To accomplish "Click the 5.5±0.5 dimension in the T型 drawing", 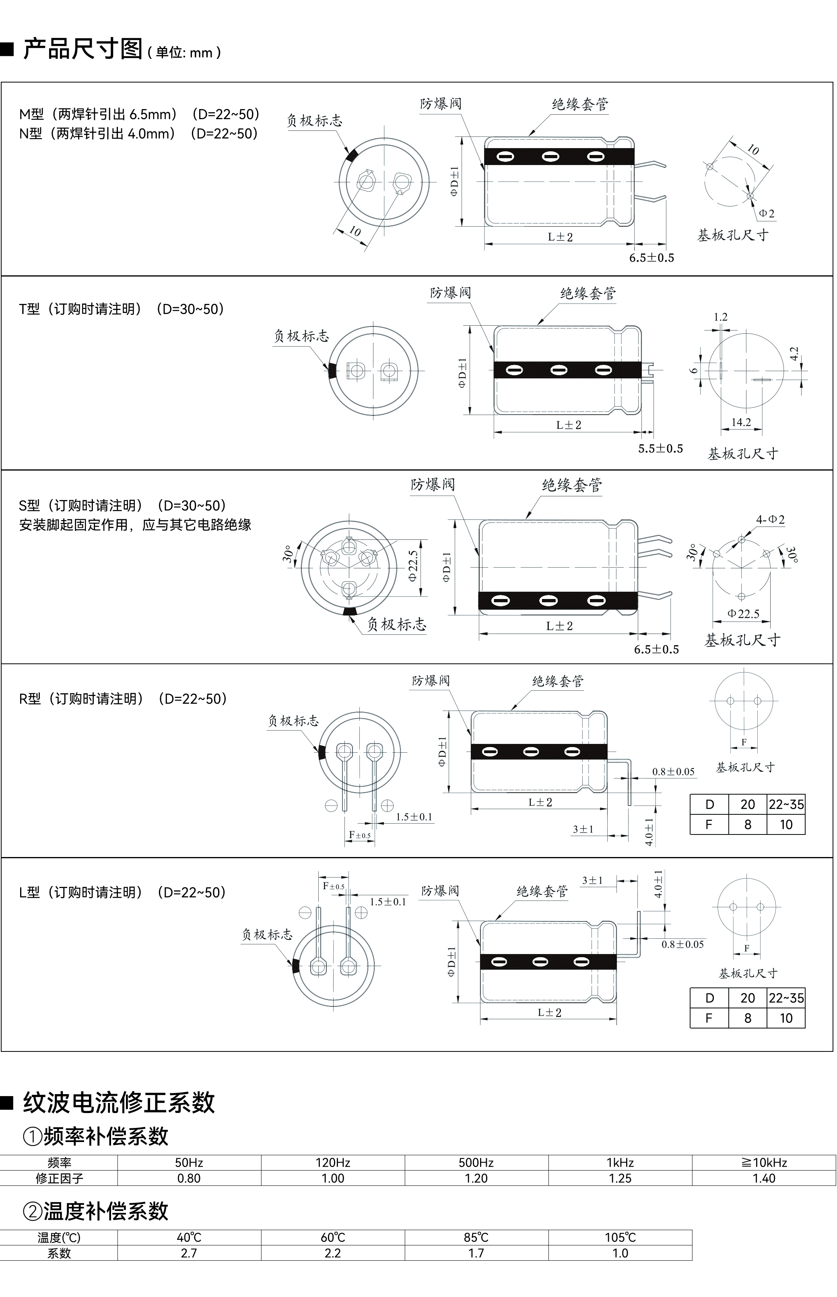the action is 660,448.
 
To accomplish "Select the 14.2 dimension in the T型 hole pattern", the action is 741,422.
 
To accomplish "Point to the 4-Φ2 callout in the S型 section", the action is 770,520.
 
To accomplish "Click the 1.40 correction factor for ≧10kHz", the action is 764,1179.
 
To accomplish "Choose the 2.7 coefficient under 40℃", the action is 189,1253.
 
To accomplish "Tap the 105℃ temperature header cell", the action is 620,1237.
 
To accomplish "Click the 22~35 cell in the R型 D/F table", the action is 786,805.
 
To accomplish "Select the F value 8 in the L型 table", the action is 747,1018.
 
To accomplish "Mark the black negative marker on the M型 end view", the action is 350,155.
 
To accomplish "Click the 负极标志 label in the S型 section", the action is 396,625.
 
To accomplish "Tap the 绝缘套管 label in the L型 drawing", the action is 542,892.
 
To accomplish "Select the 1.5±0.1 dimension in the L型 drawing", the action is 388,902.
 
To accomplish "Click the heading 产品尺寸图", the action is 82,49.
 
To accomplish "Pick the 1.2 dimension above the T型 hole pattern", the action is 720,317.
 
